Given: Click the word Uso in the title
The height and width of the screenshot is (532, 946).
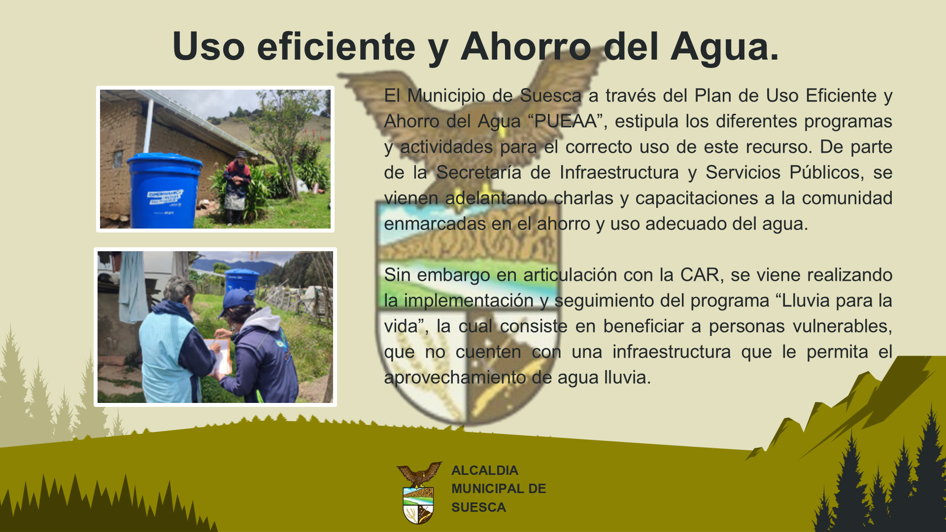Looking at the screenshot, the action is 208,46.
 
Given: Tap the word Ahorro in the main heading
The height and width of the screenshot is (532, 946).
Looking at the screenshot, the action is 526,46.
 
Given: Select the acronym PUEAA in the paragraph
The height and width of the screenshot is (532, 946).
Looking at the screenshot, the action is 566,121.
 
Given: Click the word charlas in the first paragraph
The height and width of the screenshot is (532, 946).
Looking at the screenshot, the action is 583,198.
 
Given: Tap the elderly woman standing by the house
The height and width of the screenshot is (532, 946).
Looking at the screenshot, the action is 237,188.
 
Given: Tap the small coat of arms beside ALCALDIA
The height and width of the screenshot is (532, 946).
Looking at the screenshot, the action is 419,493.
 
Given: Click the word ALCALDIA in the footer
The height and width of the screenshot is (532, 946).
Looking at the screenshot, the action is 485,470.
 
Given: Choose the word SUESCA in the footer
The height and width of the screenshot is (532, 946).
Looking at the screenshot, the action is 478,507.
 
